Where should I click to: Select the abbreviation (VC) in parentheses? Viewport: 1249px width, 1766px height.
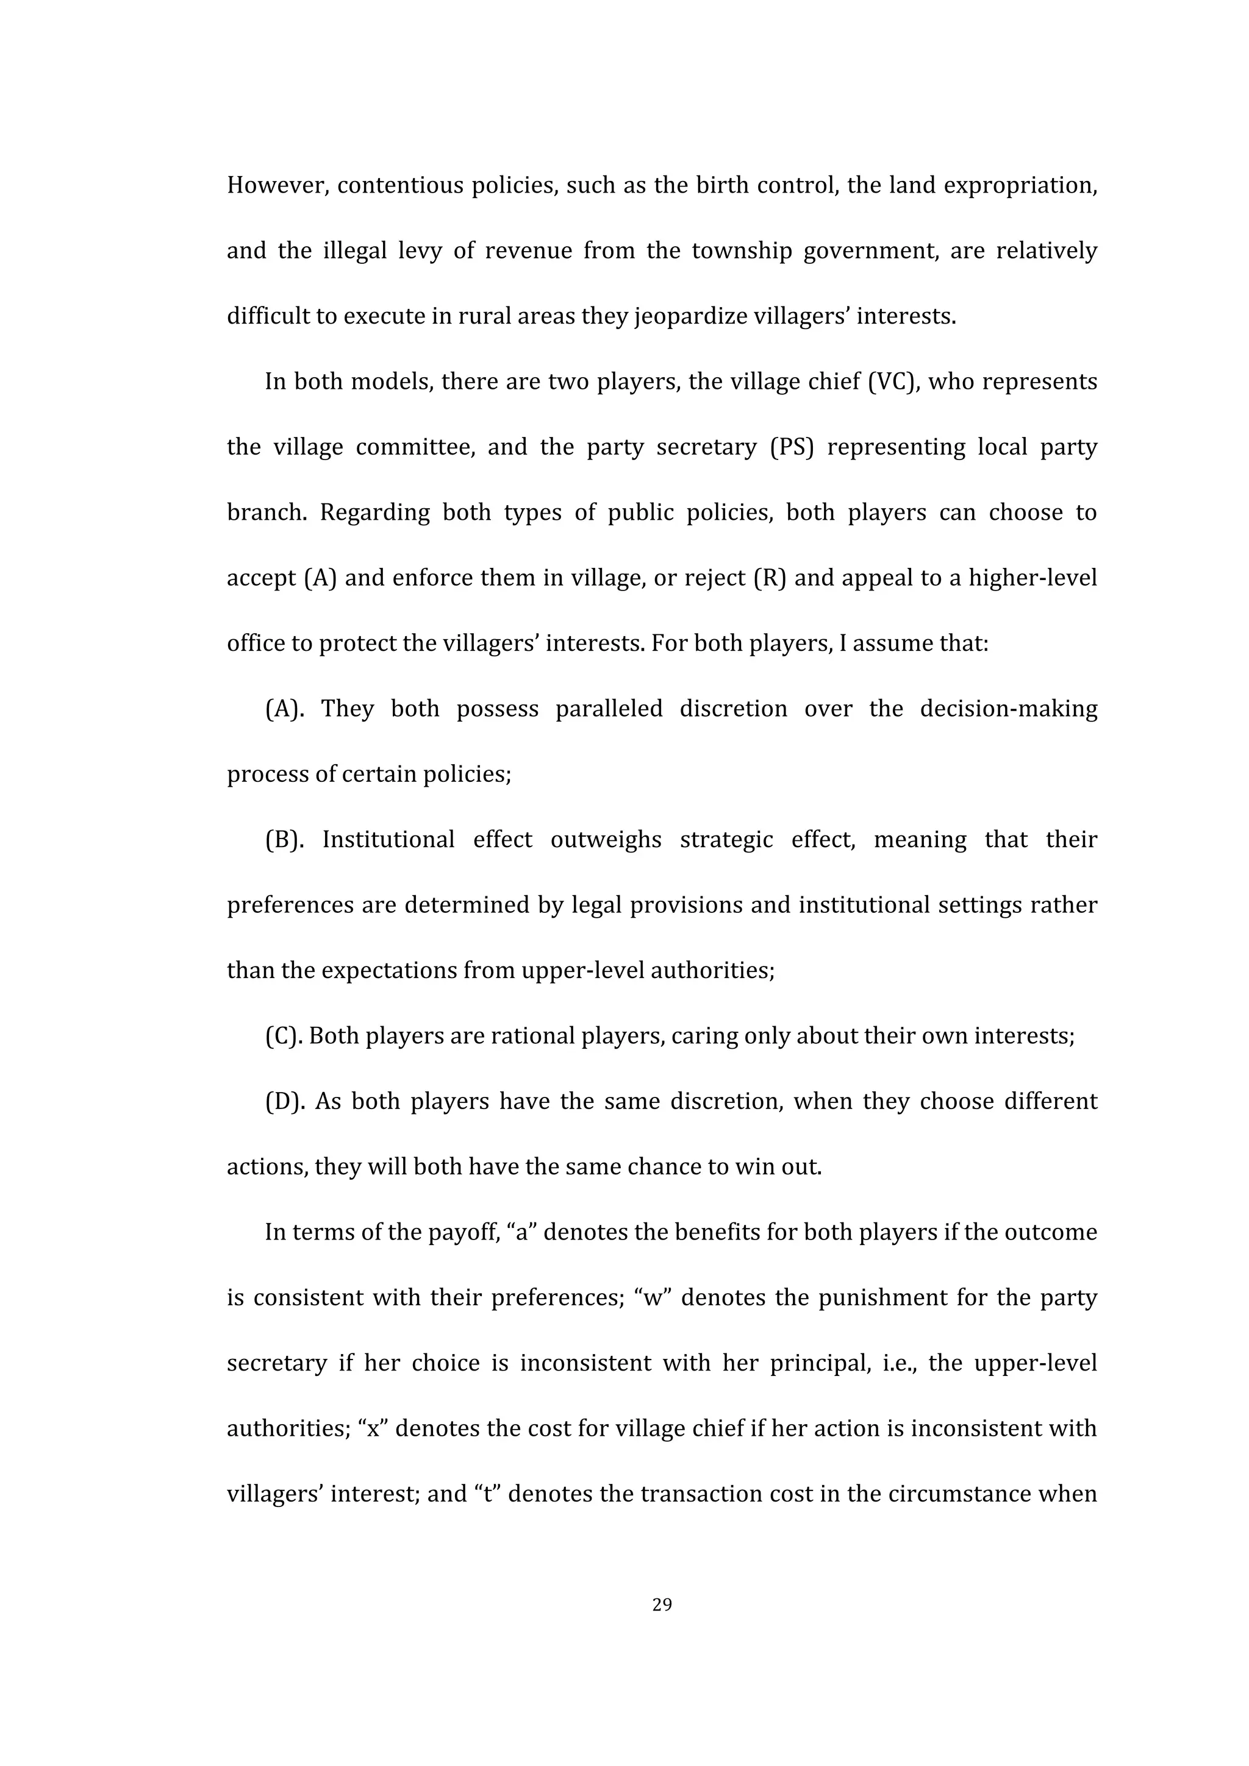[893, 382]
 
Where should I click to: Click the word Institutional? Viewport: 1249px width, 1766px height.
[388, 840]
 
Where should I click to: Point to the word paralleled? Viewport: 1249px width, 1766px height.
[609, 709]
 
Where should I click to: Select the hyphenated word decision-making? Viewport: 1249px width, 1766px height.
[1008, 709]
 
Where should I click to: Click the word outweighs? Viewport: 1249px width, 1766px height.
[606, 840]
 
